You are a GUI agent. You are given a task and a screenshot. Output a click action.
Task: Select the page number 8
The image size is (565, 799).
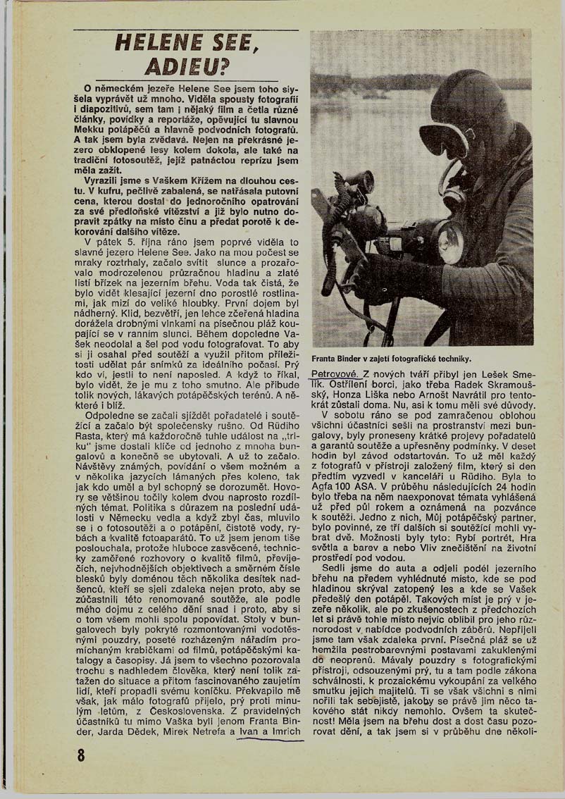[x=82, y=754]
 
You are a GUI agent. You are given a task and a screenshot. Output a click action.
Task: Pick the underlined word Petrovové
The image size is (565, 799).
[x=336, y=373]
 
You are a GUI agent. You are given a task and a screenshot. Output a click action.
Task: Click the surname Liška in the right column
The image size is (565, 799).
[x=385, y=397]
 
